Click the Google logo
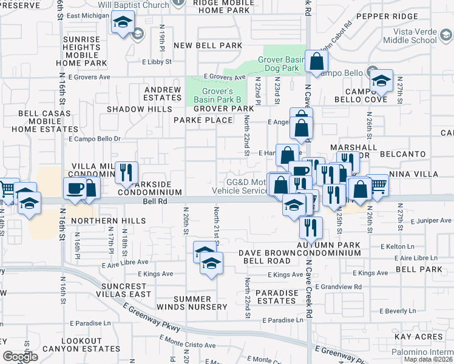(20, 357)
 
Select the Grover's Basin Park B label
(217, 95)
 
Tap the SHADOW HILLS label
(135, 109)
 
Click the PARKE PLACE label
(203, 120)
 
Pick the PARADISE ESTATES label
(277, 297)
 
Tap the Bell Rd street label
(154, 201)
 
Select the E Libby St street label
(157, 62)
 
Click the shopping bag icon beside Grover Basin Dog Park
(316, 61)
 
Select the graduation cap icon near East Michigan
(123, 23)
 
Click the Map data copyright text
(428, 359)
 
